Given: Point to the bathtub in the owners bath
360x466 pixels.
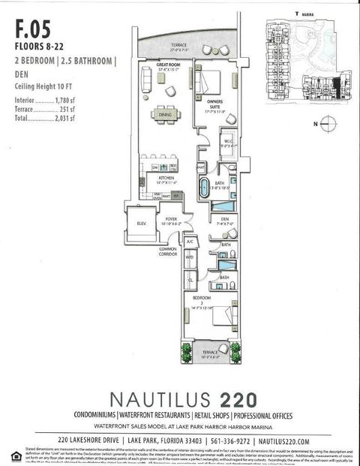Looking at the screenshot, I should tap(205, 188).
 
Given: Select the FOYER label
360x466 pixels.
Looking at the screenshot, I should tap(171, 219).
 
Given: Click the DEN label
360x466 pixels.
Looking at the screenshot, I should tap(224, 219).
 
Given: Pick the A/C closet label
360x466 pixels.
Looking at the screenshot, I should tap(190, 242).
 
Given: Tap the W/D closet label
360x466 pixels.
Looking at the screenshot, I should tap(190, 257).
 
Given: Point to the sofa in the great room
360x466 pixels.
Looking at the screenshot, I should tap(145, 87).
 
